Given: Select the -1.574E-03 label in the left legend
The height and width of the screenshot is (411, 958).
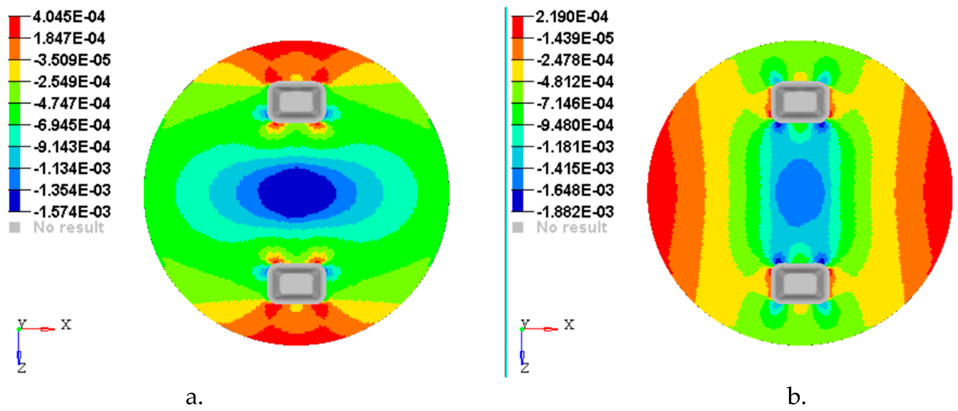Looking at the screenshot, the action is pyautogui.click(x=72, y=212).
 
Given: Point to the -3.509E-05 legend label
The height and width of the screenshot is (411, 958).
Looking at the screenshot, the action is pyautogui.click(x=72, y=60).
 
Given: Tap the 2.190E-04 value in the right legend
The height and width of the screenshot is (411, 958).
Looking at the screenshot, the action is pyautogui.click(x=572, y=17).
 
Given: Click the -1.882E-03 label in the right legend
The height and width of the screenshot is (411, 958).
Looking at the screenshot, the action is pyautogui.click(x=575, y=212).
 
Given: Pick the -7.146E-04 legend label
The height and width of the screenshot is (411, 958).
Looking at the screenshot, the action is pyautogui.click(x=575, y=103).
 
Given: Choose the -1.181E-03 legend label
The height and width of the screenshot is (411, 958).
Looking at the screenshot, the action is pyautogui.click(x=575, y=147).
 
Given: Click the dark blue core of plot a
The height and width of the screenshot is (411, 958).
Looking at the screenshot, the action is pyautogui.click(x=297, y=192).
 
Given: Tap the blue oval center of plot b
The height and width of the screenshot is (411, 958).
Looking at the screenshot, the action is pyautogui.click(x=799, y=192).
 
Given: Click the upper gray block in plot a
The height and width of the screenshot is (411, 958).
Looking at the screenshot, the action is pyautogui.click(x=297, y=102).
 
